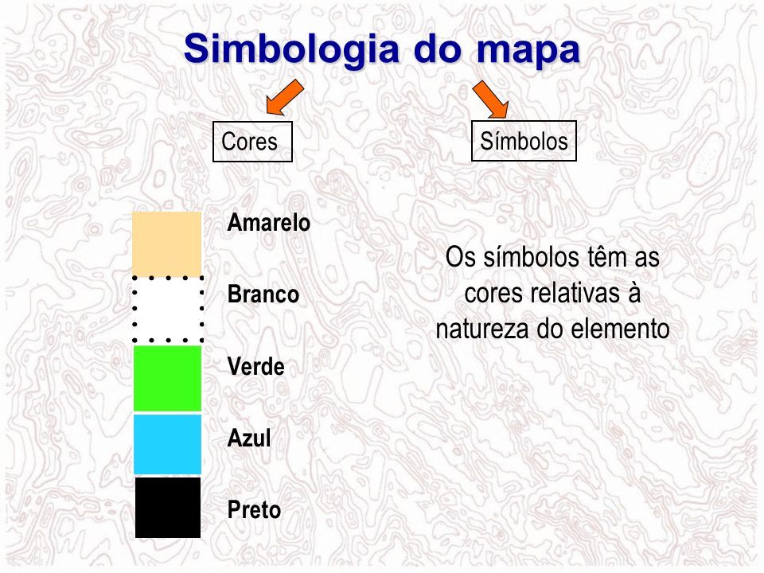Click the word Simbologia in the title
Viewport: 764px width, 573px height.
[290, 49]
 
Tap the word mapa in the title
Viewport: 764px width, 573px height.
[528, 49]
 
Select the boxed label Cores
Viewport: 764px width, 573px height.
[252, 142]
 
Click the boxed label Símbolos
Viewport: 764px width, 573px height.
[524, 141]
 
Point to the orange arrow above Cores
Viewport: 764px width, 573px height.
[285, 97]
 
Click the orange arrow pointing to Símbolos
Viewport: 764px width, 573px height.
[491, 99]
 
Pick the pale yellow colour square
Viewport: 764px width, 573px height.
[167, 244]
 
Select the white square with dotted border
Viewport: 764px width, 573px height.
[168, 310]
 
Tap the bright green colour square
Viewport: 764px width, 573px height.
[168, 379]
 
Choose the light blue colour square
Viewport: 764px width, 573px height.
[168, 444]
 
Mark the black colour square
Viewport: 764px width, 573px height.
[168, 507]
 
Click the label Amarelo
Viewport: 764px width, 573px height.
[268, 223]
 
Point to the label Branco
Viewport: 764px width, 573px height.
[263, 294]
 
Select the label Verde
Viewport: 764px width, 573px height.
[255, 366]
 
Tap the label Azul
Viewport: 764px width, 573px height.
[249, 438]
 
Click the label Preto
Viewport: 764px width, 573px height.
[254, 510]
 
